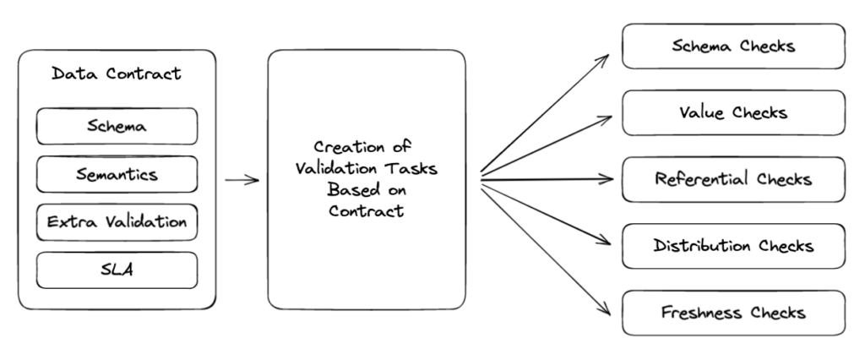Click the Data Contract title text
click(x=116, y=74)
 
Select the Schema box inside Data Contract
click(x=117, y=127)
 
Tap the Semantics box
click(x=117, y=175)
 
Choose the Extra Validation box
click(x=117, y=223)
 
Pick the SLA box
click(x=117, y=270)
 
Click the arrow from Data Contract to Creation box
click(x=242, y=179)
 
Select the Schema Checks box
click(x=733, y=46)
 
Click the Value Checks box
click(x=733, y=112)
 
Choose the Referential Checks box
click(x=733, y=179)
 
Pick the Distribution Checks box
click(x=733, y=246)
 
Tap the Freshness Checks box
click(x=733, y=313)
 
